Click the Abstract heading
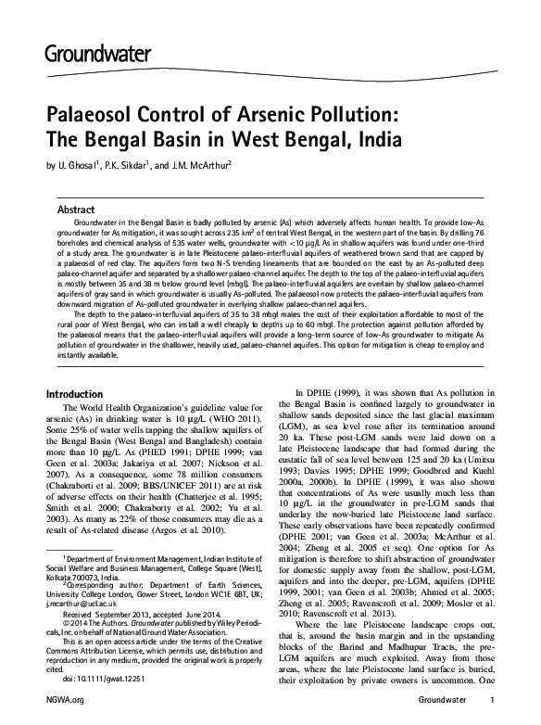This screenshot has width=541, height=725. [x=77, y=210]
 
